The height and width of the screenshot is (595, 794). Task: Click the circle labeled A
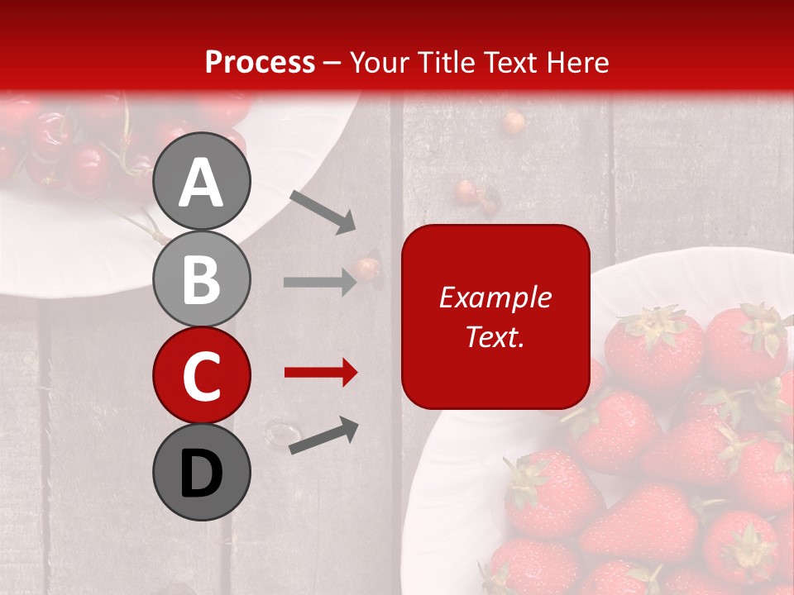tap(201, 181)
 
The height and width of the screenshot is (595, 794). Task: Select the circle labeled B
tap(201, 278)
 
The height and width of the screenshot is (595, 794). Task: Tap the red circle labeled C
tap(201, 375)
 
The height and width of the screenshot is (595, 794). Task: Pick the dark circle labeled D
tap(201, 472)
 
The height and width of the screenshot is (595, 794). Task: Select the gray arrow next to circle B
tap(320, 283)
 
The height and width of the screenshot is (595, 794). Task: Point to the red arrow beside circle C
tap(320, 373)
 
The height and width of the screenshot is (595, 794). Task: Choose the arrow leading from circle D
tap(323, 436)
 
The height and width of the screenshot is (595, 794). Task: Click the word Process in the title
tap(260, 62)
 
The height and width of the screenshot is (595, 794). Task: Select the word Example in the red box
tap(495, 297)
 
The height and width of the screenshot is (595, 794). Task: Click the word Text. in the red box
tap(495, 336)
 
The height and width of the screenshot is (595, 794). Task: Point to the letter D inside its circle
tap(201, 474)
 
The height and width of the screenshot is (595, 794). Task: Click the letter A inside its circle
tap(201, 183)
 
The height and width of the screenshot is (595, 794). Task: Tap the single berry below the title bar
tap(514, 122)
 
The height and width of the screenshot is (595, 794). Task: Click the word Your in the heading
tap(380, 62)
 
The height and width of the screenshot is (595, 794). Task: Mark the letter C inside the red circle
tap(201, 377)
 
